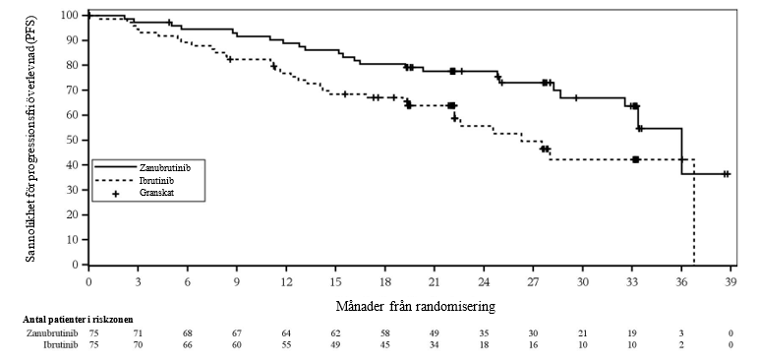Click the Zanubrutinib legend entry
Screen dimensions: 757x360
150,167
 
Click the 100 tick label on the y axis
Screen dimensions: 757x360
70,15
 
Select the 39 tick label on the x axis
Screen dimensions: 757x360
730,281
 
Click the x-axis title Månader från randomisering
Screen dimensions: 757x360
415,306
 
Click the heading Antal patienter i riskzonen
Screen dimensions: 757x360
78,320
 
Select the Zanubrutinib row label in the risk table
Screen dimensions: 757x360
52,332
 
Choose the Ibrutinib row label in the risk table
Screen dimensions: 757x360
59,344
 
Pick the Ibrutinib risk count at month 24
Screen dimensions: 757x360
484,344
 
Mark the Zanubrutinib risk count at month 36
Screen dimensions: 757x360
681,332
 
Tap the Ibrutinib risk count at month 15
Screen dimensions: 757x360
335,344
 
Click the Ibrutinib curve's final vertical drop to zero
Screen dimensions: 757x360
694,211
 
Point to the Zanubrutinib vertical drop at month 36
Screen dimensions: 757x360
681,151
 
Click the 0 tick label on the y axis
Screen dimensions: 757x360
75,265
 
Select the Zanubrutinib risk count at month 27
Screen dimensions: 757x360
533,332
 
